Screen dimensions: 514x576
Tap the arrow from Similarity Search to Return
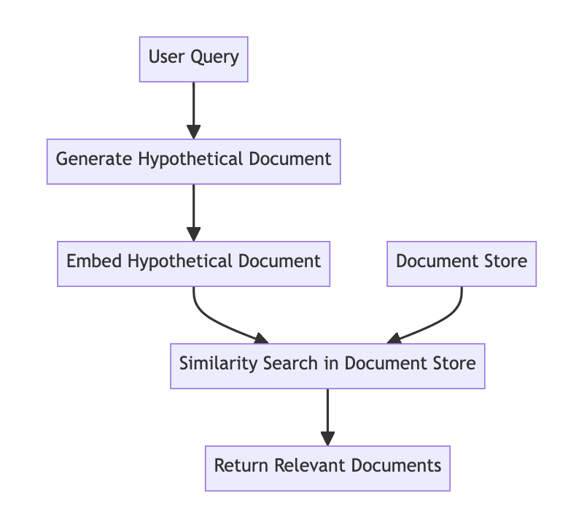pyautogui.click(x=327, y=413)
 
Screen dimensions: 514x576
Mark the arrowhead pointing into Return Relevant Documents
pyautogui.click(x=327, y=438)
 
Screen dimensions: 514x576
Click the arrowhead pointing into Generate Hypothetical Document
pyautogui.click(x=193, y=131)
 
